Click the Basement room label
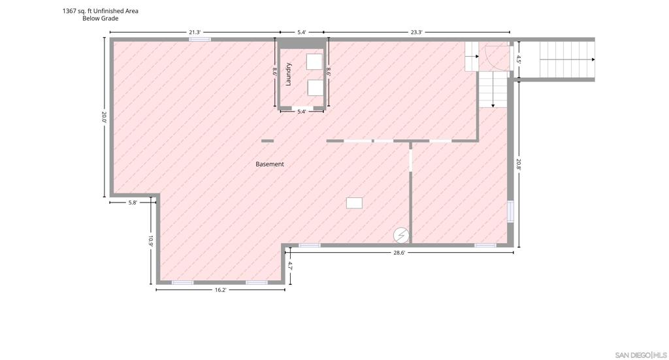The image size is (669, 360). pyautogui.click(x=270, y=164)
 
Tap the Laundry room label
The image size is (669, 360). pyautogui.click(x=289, y=74)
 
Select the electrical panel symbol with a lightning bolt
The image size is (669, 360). pyautogui.click(x=400, y=235)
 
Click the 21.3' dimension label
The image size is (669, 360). pyautogui.click(x=195, y=32)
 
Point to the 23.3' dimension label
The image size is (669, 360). pyautogui.click(x=416, y=32)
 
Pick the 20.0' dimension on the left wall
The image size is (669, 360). pyautogui.click(x=104, y=118)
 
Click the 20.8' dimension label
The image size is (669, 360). pyautogui.click(x=519, y=164)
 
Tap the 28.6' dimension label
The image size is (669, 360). pyautogui.click(x=399, y=252)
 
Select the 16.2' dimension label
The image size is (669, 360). pyautogui.click(x=220, y=289)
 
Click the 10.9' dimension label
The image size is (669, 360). pyautogui.click(x=151, y=242)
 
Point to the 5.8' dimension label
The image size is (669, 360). pyautogui.click(x=133, y=203)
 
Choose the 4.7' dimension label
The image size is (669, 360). pyautogui.click(x=290, y=266)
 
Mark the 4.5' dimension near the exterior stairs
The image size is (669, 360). pyautogui.click(x=519, y=59)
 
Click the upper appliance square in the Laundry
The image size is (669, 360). pyautogui.click(x=314, y=62)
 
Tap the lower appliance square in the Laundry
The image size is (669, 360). pyautogui.click(x=316, y=88)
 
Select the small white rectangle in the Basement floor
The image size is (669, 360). pyautogui.click(x=354, y=203)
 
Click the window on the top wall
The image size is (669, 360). pyautogui.click(x=200, y=39)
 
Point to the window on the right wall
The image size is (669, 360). pyautogui.click(x=510, y=212)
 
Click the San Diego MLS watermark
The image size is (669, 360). pyautogui.click(x=641, y=355)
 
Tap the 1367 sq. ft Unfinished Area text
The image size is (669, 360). pyautogui.click(x=100, y=11)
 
